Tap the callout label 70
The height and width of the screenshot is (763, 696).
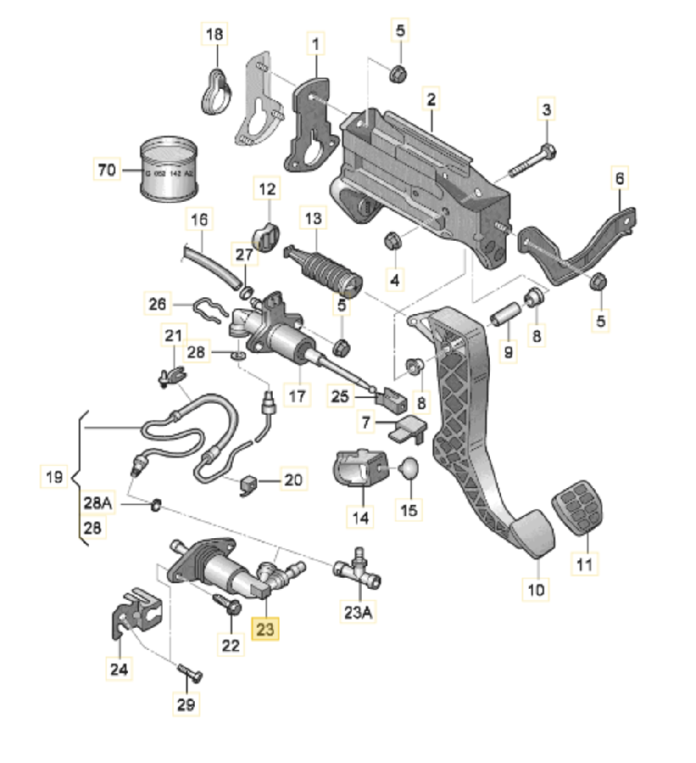tap(105, 169)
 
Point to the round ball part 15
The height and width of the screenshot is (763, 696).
tap(408, 469)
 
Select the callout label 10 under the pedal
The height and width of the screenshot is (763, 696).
tap(536, 591)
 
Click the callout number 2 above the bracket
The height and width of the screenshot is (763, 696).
tap(431, 100)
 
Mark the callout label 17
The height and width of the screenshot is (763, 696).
tap(297, 396)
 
